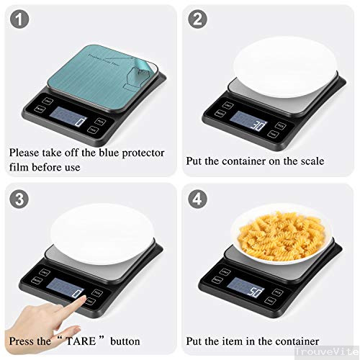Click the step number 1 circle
tap(20, 21)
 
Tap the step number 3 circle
tap(20, 197)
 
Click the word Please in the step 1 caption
tap(24, 153)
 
